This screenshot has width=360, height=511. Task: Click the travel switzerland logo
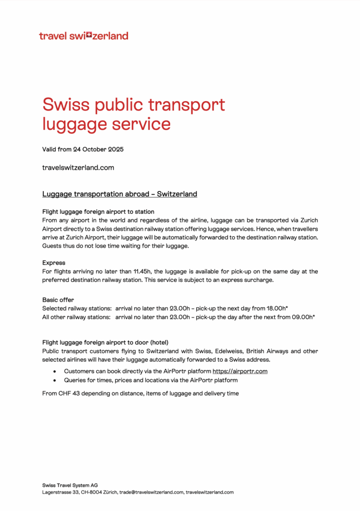[83, 36]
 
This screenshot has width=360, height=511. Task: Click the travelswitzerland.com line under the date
[78, 168]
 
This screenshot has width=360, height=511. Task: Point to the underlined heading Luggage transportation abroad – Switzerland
[120, 194]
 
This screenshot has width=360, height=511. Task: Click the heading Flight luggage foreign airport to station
[98, 212]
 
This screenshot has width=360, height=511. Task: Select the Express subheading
[54, 262]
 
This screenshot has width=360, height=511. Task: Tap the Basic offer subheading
[59, 300]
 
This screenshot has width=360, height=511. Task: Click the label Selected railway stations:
[77, 309]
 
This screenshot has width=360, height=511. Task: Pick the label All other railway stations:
[77, 317]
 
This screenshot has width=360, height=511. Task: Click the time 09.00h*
[304, 317]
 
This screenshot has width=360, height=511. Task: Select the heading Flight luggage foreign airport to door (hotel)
[105, 343]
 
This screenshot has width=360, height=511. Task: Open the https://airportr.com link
[240, 371]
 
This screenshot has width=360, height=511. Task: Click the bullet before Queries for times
[54, 381]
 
